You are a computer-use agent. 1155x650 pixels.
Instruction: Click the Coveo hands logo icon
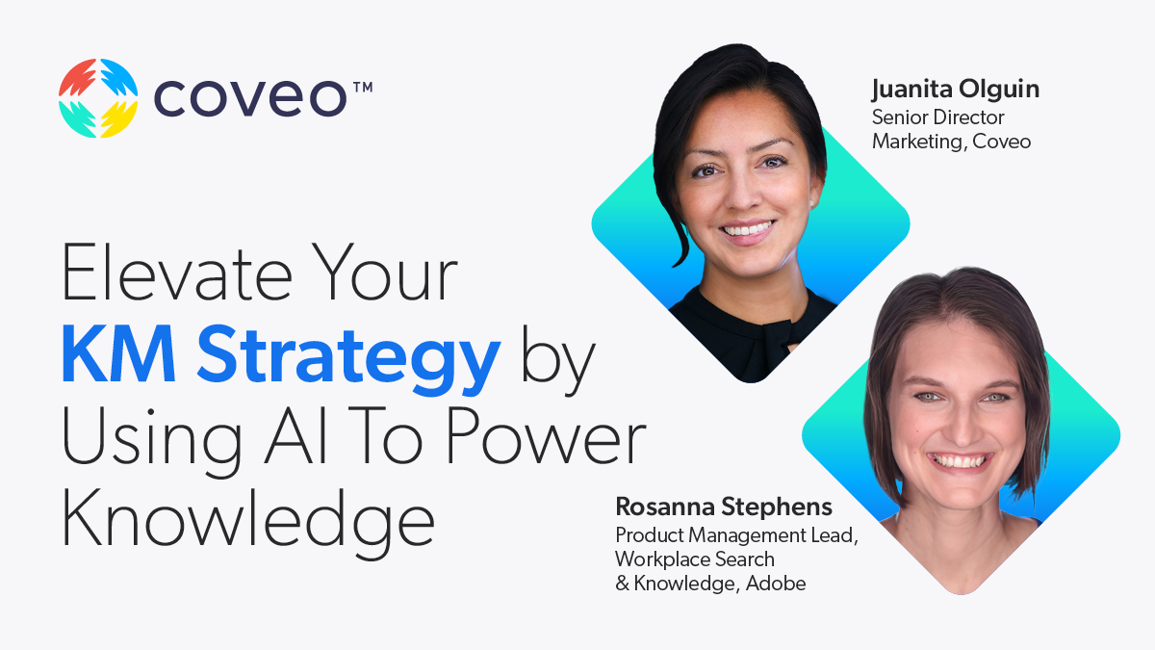tap(97, 98)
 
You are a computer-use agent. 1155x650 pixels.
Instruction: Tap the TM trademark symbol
tap(362, 88)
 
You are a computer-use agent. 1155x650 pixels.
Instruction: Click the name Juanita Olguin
tap(955, 91)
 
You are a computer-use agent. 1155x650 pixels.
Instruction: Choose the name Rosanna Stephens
tap(724, 507)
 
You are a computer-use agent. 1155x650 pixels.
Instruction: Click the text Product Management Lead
tap(735, 535)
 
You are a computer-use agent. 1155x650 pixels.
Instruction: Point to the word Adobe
tap(775, 583)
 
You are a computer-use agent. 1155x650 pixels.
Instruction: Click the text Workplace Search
tap(695, 559)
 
